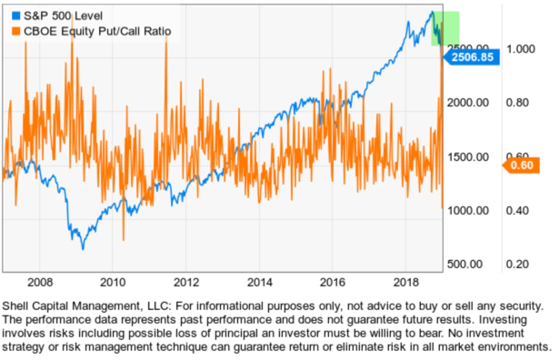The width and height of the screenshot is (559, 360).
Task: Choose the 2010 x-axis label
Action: [112, 282]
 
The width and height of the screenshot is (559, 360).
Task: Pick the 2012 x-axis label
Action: [185, 282]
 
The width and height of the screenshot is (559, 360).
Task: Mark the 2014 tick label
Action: [260, 282]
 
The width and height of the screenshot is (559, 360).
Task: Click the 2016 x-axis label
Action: [334, 282]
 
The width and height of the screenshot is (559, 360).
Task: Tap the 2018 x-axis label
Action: [407, 282]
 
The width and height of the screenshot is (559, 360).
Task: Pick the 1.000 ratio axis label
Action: [523, 49]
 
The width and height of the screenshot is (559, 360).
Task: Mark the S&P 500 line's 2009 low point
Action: [83, 247]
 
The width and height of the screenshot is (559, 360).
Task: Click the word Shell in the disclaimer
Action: [21, 305]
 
